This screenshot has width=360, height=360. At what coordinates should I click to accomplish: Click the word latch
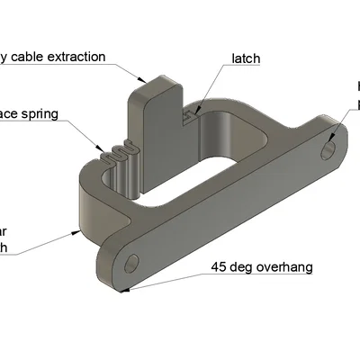[246, 58]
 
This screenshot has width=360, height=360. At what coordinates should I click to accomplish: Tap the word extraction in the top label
[73, 57]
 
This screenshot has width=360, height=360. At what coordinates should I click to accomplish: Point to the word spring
[42, 114]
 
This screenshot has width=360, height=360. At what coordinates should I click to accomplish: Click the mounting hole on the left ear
[132, 264]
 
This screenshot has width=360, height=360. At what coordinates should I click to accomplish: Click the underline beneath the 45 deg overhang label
[261, 274]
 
